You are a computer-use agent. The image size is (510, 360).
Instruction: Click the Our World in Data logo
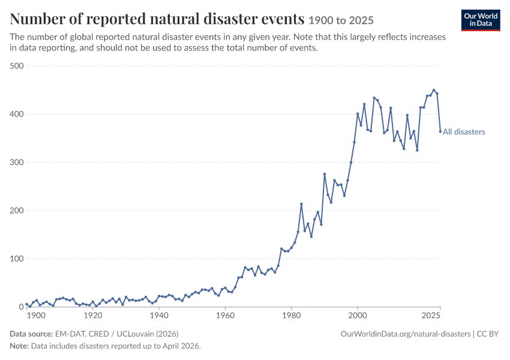pos(481,20)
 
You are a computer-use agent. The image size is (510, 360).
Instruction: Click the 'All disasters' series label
pos(464,132)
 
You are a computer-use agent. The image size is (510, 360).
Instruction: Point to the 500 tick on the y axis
pos(17,65)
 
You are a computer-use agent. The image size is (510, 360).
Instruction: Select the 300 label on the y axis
pos(17,162)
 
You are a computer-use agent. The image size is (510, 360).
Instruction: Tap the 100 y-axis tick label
pos(17,259)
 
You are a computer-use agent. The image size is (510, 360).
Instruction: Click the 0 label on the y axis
pos(22,307)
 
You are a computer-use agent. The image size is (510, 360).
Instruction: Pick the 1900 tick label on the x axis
pos(36,316)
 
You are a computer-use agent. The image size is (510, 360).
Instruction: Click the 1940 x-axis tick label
pos(159,316)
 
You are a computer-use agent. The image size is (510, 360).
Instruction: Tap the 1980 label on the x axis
pos(292,316)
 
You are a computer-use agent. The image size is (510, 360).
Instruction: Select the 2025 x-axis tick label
pos(431,316)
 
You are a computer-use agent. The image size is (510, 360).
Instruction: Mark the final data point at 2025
pos(440,131)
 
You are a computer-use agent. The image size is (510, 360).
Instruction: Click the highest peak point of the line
pos(434,90)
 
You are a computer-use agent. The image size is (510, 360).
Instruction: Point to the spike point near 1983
pos(301,204)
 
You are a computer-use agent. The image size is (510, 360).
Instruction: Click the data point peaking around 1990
pos(324,174)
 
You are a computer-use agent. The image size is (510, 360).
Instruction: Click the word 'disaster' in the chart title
pos(230,19)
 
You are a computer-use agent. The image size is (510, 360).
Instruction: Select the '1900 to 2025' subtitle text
pos(341,20)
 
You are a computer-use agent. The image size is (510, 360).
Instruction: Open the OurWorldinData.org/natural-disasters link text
pos(406,334)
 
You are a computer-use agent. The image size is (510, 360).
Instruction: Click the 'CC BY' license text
pos(488,334)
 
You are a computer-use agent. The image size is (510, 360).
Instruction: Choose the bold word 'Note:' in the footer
pos(20,346)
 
